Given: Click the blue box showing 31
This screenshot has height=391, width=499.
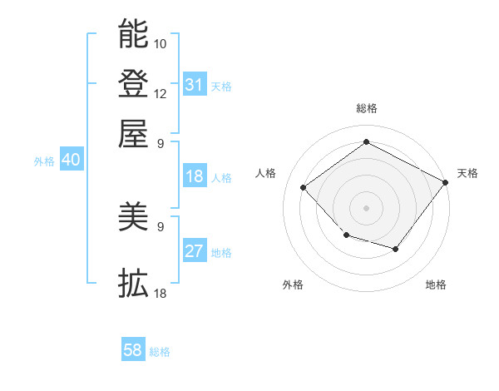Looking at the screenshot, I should coord(195,85).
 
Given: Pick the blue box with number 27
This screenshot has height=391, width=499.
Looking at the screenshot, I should coord(195,252).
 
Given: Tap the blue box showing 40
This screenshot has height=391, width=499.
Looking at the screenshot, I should coord(71,161).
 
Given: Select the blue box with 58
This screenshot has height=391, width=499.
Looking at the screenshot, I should coord(133,350).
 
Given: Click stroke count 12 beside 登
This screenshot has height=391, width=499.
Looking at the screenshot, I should coord(161,93).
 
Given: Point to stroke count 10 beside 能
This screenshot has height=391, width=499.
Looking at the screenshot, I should coord(161,43).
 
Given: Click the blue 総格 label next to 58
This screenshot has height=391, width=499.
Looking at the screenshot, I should coord(160,352).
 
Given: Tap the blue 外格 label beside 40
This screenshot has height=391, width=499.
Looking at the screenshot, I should coord(44,161).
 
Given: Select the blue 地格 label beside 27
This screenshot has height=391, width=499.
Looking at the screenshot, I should coord(221,253).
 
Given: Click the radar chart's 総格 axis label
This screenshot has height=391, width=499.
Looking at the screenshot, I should coord(366,108).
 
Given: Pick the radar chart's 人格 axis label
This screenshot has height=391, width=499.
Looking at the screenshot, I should coord(266,173).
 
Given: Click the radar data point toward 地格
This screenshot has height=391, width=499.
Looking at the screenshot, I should coord(396,249).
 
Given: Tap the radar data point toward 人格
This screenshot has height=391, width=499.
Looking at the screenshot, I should coord(304,188).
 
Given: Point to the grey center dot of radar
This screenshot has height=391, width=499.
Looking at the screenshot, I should coord(366,207).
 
